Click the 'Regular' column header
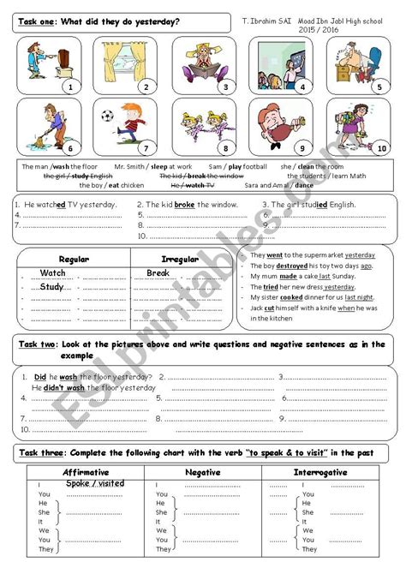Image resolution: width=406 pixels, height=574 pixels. coord(74,259)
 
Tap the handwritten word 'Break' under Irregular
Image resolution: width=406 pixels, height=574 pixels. coord(158,273)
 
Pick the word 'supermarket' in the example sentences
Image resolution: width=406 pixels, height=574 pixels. coord(321,255)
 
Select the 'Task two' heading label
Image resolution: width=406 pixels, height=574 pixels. coord(38,344)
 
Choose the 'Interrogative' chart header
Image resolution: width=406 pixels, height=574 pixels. coord(319,472)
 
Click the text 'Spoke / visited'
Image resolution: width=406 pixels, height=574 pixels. coord(94,483)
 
